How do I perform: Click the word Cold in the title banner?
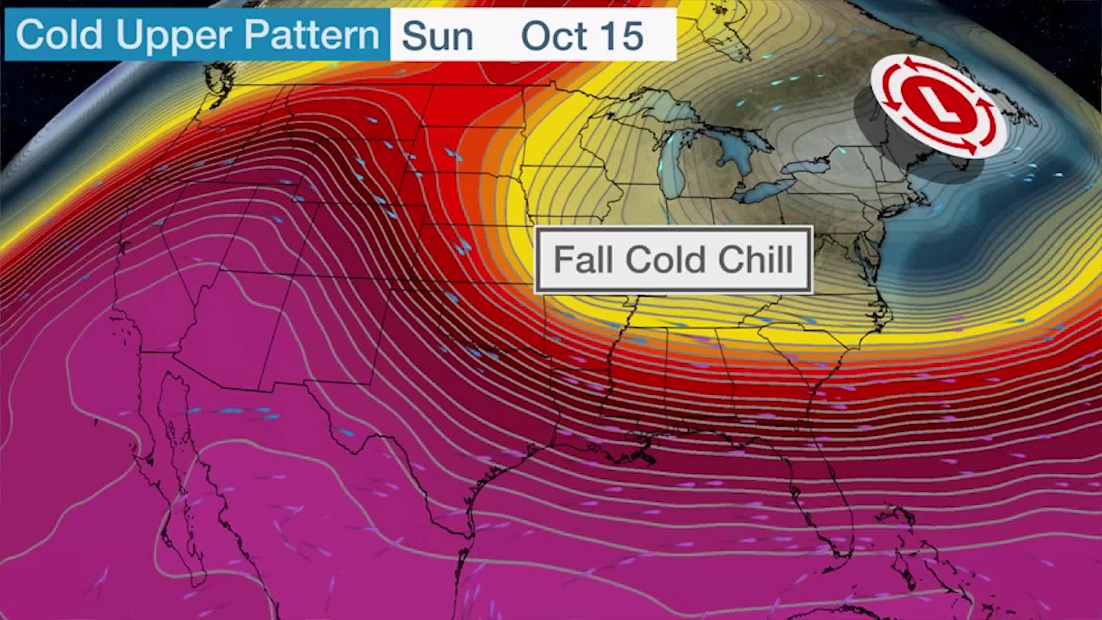click(60, 36)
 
